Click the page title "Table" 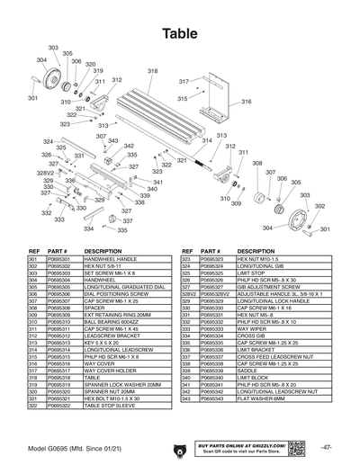180,32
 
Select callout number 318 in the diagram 153,70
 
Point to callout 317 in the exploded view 184,82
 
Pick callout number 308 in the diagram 257,163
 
